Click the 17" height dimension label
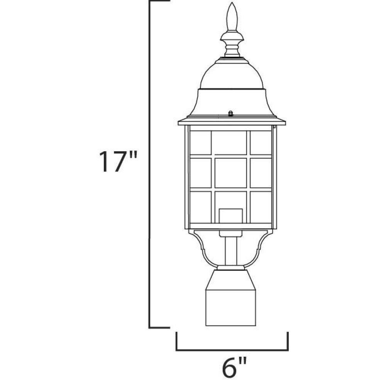[118, 161]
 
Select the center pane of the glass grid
[231, 173]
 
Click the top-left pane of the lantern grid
[201, 142]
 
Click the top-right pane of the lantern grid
[261, 142]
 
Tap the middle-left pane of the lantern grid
[201, 173]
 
